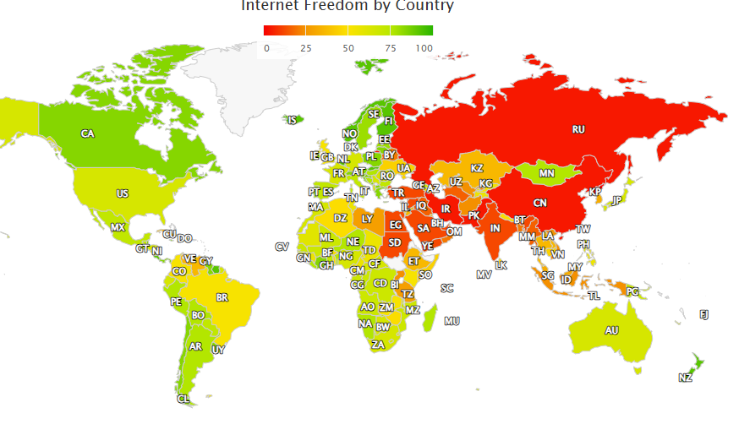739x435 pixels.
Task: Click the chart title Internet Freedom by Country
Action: tap(348, 6)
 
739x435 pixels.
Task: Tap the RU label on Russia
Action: tap(578, 129)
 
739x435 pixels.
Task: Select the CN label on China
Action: tap(540, 203)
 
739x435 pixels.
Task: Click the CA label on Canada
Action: tap(87, 133)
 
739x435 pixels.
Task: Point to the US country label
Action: tap(123, 193)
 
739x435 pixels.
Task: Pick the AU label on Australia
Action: tap(611, 330)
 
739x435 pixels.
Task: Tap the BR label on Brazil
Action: tap(222, 297)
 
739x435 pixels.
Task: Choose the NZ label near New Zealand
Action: tap(685, 378)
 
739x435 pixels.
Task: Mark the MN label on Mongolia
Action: tap(546, 173)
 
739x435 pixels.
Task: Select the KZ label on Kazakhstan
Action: tap(477, 168)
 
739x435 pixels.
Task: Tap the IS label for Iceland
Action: tap(293, 120)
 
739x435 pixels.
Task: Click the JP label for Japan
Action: tap(617, 200)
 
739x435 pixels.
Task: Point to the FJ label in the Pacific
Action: tap(703, 314)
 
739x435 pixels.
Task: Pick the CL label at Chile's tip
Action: tap(183, 399)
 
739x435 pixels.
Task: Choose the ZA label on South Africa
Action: tap(378, 345)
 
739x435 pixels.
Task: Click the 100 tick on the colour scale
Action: tap(424, 49)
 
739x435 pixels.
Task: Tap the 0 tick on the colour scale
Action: tap(266, 49)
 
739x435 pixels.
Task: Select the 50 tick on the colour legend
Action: tap(348, 49)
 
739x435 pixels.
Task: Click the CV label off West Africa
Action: tap(282, 247)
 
